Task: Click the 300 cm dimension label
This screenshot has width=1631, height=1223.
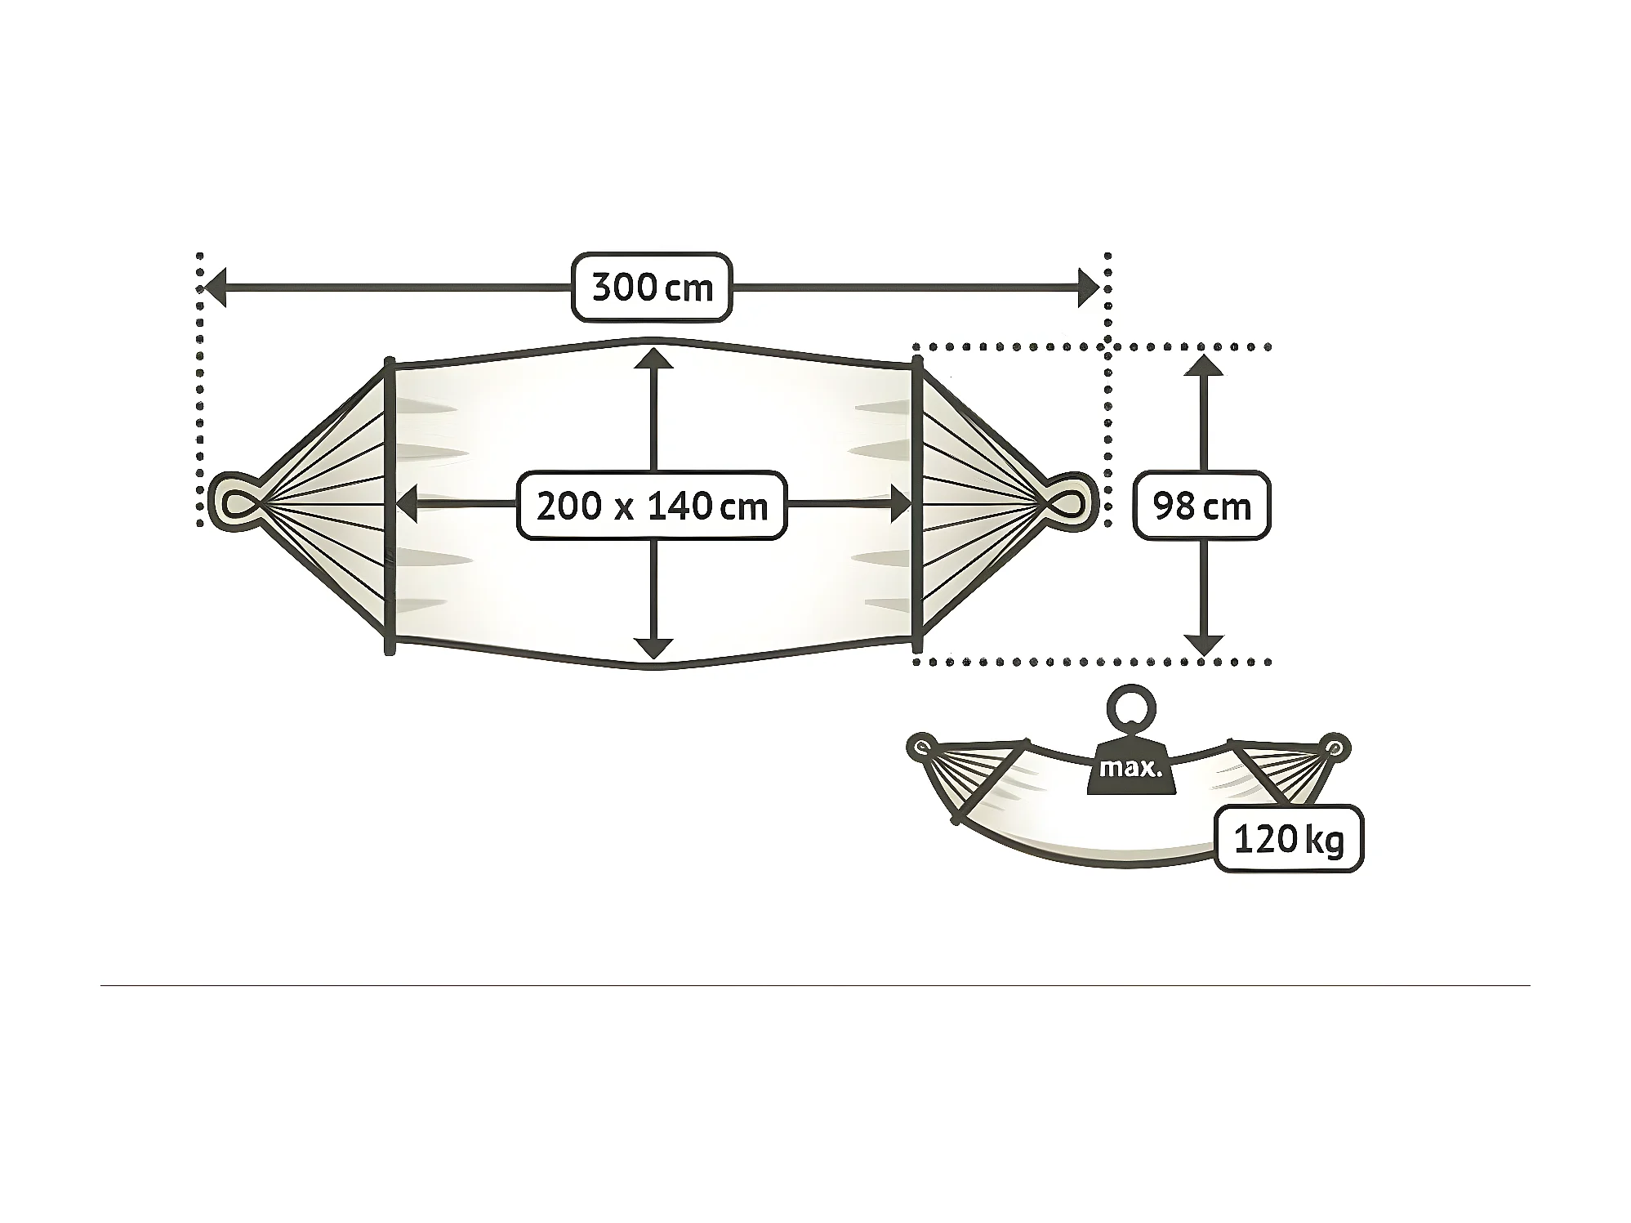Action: [651, 288]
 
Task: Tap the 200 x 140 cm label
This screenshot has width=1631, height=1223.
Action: [651, 506]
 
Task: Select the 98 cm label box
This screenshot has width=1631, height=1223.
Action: [1201, 506]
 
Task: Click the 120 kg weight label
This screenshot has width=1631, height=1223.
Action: [1288, 839]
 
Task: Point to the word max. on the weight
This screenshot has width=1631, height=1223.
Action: [1130, 769]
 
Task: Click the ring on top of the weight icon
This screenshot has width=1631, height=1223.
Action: [1131, 709]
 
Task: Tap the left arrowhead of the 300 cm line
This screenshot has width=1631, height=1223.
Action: [214, 288]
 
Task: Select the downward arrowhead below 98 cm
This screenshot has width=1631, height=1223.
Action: [1203, 645]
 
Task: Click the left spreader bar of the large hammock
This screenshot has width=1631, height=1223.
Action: [390, 507]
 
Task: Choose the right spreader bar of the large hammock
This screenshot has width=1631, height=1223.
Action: [917, 507]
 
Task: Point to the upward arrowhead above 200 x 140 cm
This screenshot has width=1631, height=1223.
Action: [653, 359]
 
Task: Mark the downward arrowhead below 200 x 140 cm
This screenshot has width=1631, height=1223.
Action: [653, 649]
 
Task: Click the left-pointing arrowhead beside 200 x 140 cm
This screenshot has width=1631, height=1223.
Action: [406, 504]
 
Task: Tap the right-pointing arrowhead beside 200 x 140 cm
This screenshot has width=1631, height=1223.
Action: [901, 504]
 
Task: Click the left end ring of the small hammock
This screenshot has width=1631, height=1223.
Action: [924, 746]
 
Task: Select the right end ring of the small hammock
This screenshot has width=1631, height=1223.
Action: [1333, 748]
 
